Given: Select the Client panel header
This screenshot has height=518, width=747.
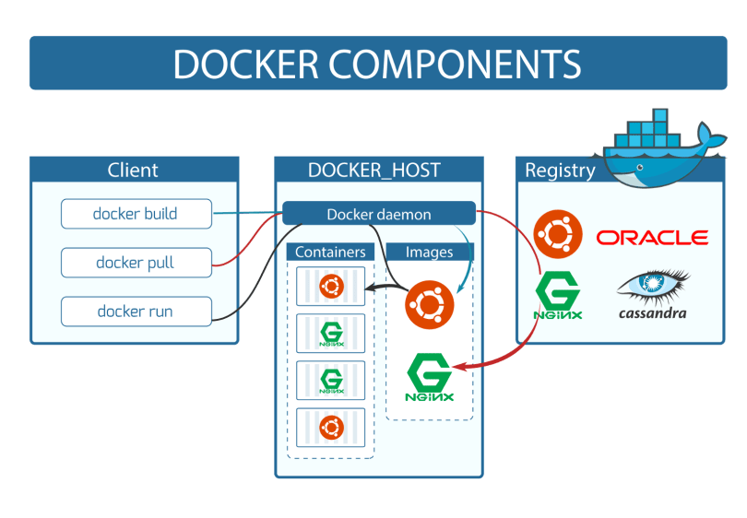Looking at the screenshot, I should tap(133, 170).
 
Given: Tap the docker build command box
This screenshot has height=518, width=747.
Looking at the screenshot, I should tap(136, 214).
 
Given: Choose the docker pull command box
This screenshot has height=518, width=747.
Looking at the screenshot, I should tap(136, 263).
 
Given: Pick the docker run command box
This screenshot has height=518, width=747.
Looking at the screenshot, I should tap(136, 312).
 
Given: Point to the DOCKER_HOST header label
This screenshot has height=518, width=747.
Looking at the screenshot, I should tap(373, 170).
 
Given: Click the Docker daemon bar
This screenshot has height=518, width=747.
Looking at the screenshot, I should tap(378, 214).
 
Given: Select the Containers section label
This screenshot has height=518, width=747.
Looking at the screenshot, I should tap(330, 252).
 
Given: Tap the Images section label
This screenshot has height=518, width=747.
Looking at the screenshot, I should tap(429, 252).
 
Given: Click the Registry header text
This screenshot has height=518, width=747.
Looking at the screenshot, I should tap(560, 170).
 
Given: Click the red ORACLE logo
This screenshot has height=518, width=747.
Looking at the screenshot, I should tap(652, 238).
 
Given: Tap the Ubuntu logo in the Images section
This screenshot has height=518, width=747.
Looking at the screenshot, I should tap(429, 303).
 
